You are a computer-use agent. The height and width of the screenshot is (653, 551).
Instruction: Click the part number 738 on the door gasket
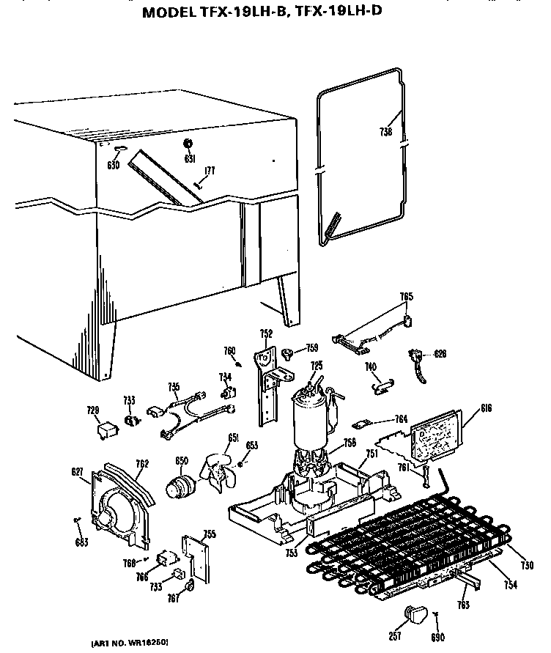[x=386, y=133]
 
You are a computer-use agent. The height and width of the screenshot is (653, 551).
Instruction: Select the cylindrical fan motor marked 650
[x=179, y=486]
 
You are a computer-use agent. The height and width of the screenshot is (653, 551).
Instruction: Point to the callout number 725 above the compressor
[x=316, y=366]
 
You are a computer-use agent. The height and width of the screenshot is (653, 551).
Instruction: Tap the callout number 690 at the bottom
[x=439, y=638]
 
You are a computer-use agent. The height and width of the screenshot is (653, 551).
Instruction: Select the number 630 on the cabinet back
[x=113, y=166]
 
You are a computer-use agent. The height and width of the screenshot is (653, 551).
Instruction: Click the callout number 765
[x=406, y=297]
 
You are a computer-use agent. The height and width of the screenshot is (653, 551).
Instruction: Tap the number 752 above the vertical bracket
[x=267, y=333]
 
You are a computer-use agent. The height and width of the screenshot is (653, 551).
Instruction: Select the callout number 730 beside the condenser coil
[x=526, y=565]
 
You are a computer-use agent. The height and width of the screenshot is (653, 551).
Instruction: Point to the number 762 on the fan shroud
[x=142, y=462]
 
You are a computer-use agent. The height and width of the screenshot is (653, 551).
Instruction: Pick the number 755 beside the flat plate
[x=209, y=534]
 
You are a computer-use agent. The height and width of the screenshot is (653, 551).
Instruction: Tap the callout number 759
[x=312, y=349]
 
